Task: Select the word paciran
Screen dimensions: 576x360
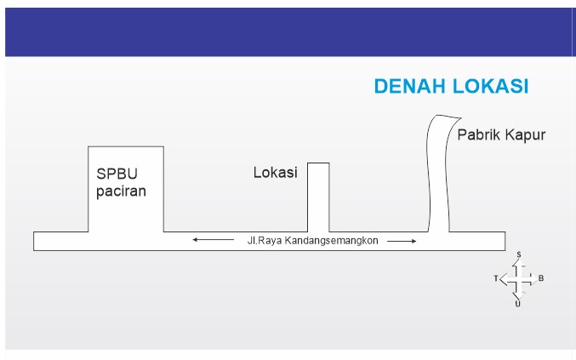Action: (x=121, y=191)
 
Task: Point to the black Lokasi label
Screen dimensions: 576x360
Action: (x=275, y=173)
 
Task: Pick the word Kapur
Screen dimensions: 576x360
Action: (x=525, y=134)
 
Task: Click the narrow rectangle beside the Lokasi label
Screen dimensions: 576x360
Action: (x=317, y=196)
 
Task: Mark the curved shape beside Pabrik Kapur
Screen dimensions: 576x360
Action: (x=438, y=174)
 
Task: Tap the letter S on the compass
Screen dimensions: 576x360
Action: (x=518, y=254)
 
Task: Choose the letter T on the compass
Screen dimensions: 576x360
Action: (x=495, y=278)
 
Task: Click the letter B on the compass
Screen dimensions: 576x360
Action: (x=541, y=278)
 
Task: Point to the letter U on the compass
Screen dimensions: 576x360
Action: (x=518, y=303)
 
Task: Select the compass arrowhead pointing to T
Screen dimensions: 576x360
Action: (x=504, y=278)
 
